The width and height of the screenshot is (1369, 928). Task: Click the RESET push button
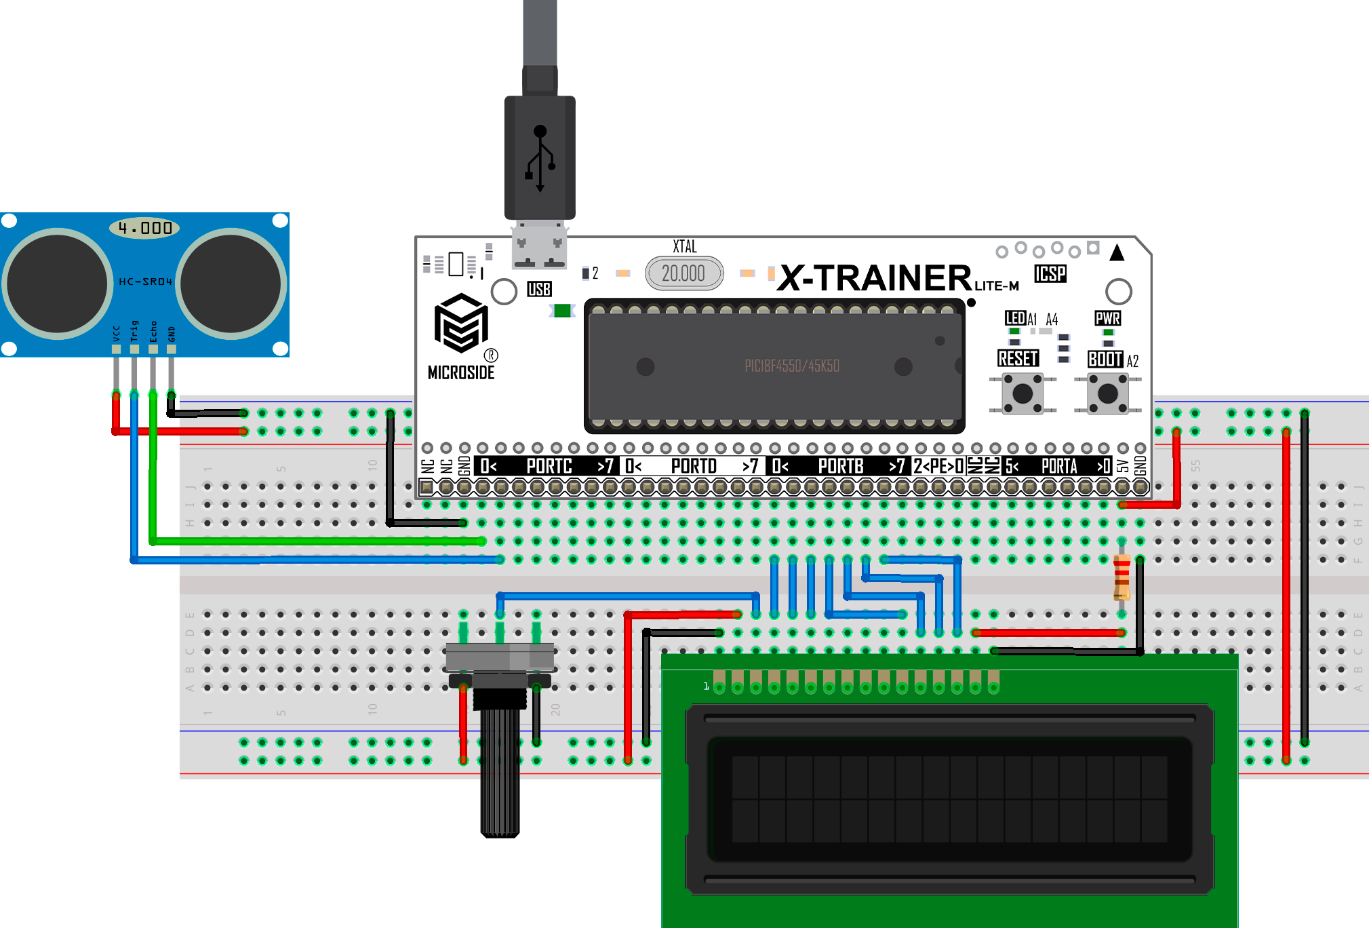1022,393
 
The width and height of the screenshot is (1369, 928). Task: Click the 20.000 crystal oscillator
683,273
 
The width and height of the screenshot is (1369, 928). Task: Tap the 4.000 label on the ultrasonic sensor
144,228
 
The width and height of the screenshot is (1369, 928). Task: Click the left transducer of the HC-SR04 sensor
58,284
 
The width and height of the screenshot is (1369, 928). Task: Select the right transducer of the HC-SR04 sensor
231,284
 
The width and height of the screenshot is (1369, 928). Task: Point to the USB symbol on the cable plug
540,158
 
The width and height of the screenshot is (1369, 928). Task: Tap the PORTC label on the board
549,467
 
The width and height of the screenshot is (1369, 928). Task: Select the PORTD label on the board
694,467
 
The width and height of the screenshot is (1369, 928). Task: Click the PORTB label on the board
841,467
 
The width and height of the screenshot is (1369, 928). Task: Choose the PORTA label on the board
1059,467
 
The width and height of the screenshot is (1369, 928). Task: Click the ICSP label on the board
1050,273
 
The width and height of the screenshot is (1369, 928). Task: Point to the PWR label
1107,318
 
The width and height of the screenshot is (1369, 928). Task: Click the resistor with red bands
1122,577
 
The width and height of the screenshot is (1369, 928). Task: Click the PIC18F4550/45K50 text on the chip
792,366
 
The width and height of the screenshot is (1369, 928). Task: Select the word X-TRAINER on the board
875,278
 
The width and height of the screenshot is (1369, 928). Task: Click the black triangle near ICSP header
1117,253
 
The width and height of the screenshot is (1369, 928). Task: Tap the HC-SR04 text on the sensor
145,282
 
